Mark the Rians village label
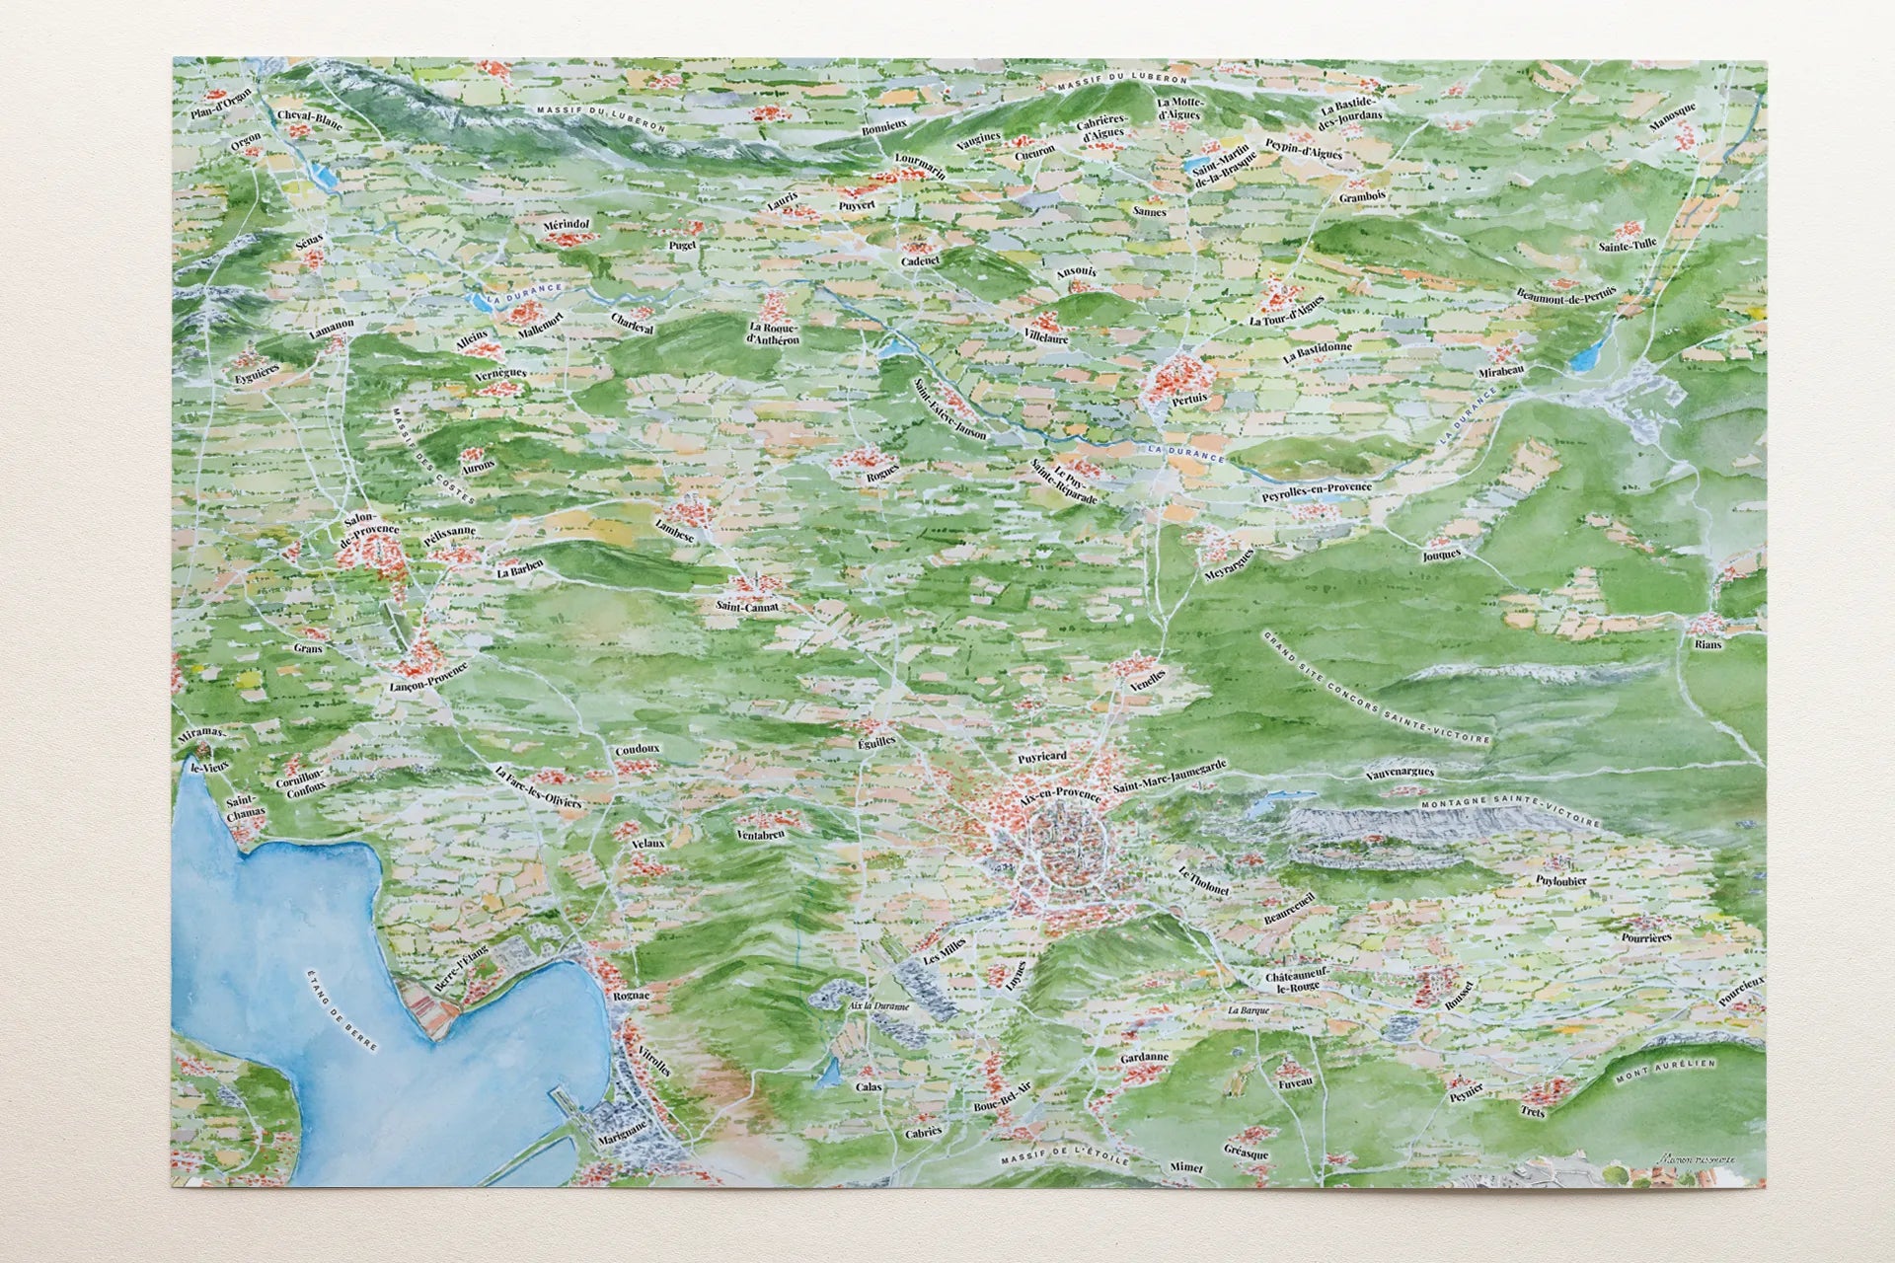click(1707, 644)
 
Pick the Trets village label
click(1532, 1110)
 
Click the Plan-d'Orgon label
click(222, 103)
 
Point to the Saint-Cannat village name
click(748, 606)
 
